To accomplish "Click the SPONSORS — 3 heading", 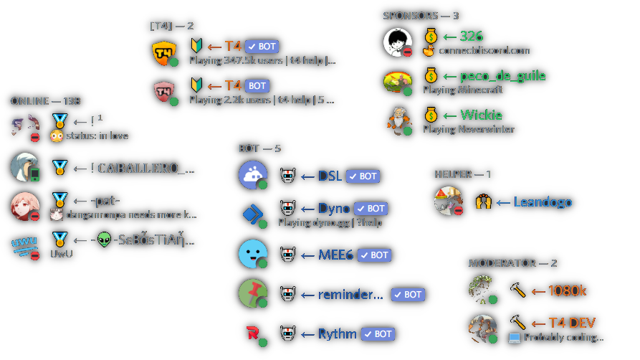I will click(421, 15).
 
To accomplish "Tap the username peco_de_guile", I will click(494, 75).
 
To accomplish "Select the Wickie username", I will click(481, 115).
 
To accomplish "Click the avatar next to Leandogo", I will click(449, 202).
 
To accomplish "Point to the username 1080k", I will click(567, 290).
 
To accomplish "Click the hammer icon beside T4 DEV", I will click(517, 323).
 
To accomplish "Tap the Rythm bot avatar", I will click(253, 333).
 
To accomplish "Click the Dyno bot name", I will click(334, 208).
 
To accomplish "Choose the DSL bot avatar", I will click(253, 176).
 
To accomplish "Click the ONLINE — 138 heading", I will click(45, 101).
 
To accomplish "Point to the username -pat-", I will click(105, 200).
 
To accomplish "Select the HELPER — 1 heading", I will click(462, 174).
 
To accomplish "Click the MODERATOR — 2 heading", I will click(512, 263).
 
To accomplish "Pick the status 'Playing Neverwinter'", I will click(468, 129).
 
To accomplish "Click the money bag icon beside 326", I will click(430, 36).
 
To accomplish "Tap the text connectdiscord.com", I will click(484, 50).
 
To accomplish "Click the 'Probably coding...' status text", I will click(563, 337).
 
